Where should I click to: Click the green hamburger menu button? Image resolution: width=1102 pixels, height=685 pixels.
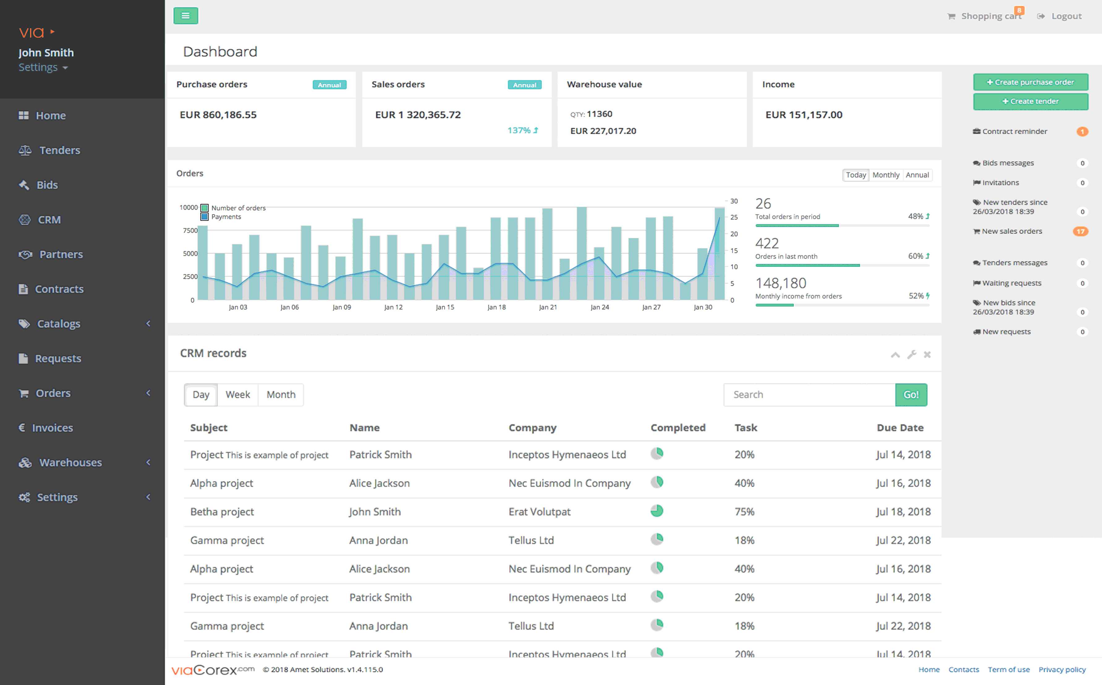186,16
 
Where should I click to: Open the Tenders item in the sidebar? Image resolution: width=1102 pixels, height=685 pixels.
59,150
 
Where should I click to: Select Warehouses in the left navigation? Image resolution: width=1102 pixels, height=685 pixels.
70,463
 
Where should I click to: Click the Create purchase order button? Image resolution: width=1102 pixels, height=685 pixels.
1030,82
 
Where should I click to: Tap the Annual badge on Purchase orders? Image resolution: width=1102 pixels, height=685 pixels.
330,85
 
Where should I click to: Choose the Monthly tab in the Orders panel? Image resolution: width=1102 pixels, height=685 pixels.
886,175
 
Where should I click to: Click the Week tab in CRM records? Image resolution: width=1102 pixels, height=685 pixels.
237,395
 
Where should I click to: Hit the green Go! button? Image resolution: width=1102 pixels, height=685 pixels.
911,395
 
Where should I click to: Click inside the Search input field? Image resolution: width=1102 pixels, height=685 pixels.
809,395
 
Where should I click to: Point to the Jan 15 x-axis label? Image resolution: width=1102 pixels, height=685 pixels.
445,307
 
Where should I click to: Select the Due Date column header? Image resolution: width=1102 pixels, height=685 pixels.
900,428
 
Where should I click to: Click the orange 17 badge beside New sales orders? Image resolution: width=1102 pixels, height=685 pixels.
1081,231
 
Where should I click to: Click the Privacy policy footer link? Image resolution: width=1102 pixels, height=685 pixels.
1062,670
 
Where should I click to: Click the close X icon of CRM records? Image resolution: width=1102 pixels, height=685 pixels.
927,354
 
